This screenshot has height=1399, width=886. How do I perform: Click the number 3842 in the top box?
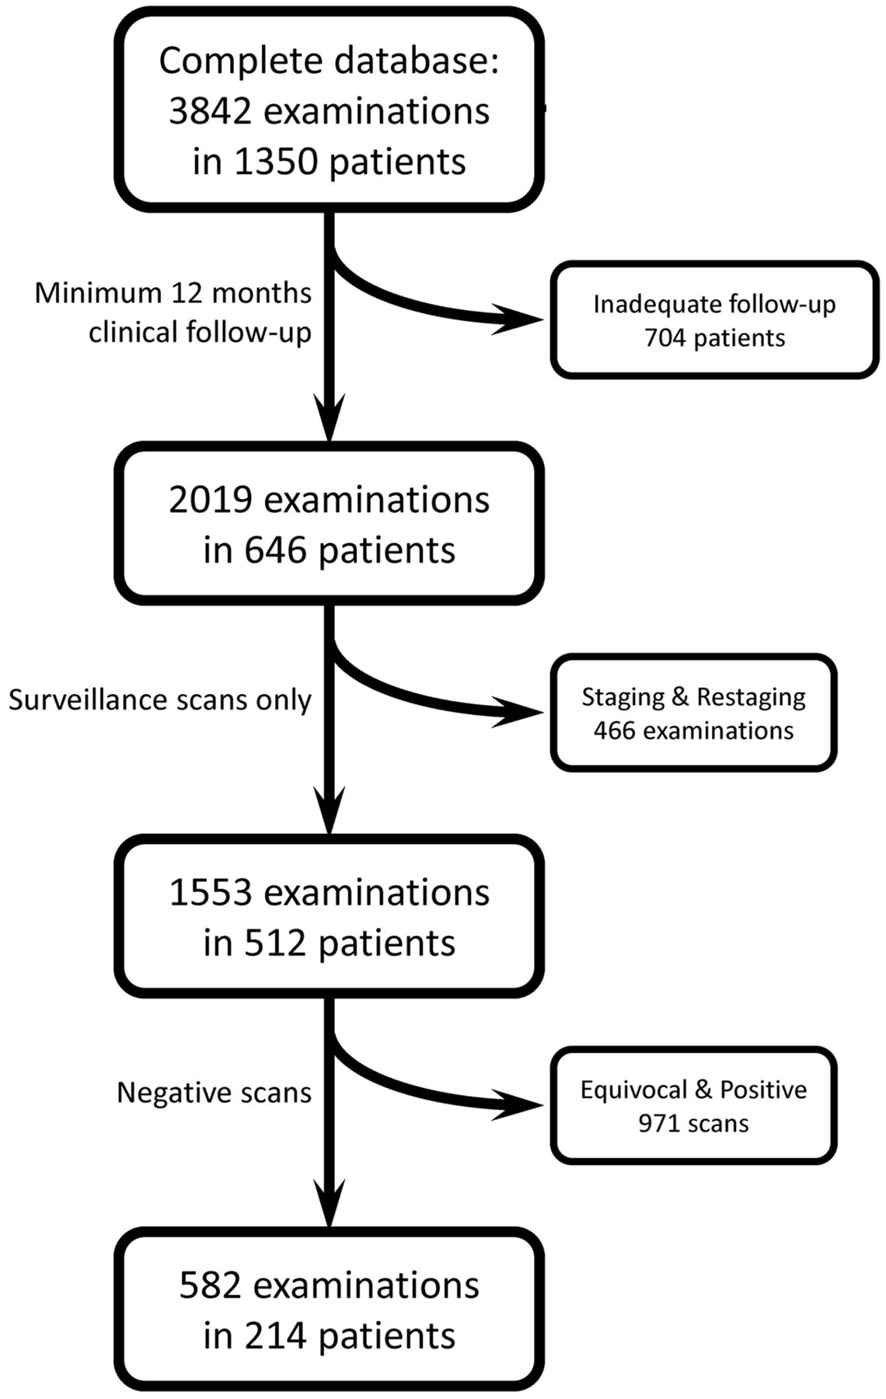pos(210,112)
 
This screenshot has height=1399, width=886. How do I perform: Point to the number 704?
pos(668,338)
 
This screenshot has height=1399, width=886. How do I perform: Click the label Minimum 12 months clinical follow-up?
pos(173,312)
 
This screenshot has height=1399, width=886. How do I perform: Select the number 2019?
pos(210,501)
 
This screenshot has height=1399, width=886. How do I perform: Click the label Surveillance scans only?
pos(160,700)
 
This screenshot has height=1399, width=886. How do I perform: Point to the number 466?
pos(617,731)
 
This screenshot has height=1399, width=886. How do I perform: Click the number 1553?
pos(210,893)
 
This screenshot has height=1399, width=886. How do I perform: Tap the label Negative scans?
pos(214,1093)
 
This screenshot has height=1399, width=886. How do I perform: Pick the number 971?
pos(661,1123)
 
